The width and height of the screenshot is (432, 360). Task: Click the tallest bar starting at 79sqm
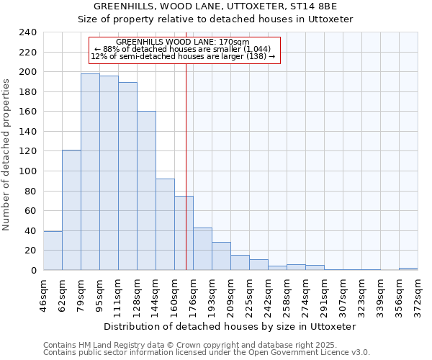click(90, 171)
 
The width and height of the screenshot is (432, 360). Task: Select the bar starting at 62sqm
click(71, 210)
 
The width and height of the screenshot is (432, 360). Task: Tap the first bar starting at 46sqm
click(53, 251)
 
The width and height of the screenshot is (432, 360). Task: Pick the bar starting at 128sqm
click(146, 191)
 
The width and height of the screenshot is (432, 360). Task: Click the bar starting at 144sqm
click(165, 224)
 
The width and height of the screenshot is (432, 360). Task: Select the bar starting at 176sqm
click(202, 249)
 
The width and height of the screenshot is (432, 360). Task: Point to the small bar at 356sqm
click(408, 269)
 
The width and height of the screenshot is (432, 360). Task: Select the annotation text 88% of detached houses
click(182, 49)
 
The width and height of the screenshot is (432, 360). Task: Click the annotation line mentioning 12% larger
click(183, 56)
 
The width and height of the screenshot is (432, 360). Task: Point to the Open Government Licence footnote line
click(207, 352)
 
